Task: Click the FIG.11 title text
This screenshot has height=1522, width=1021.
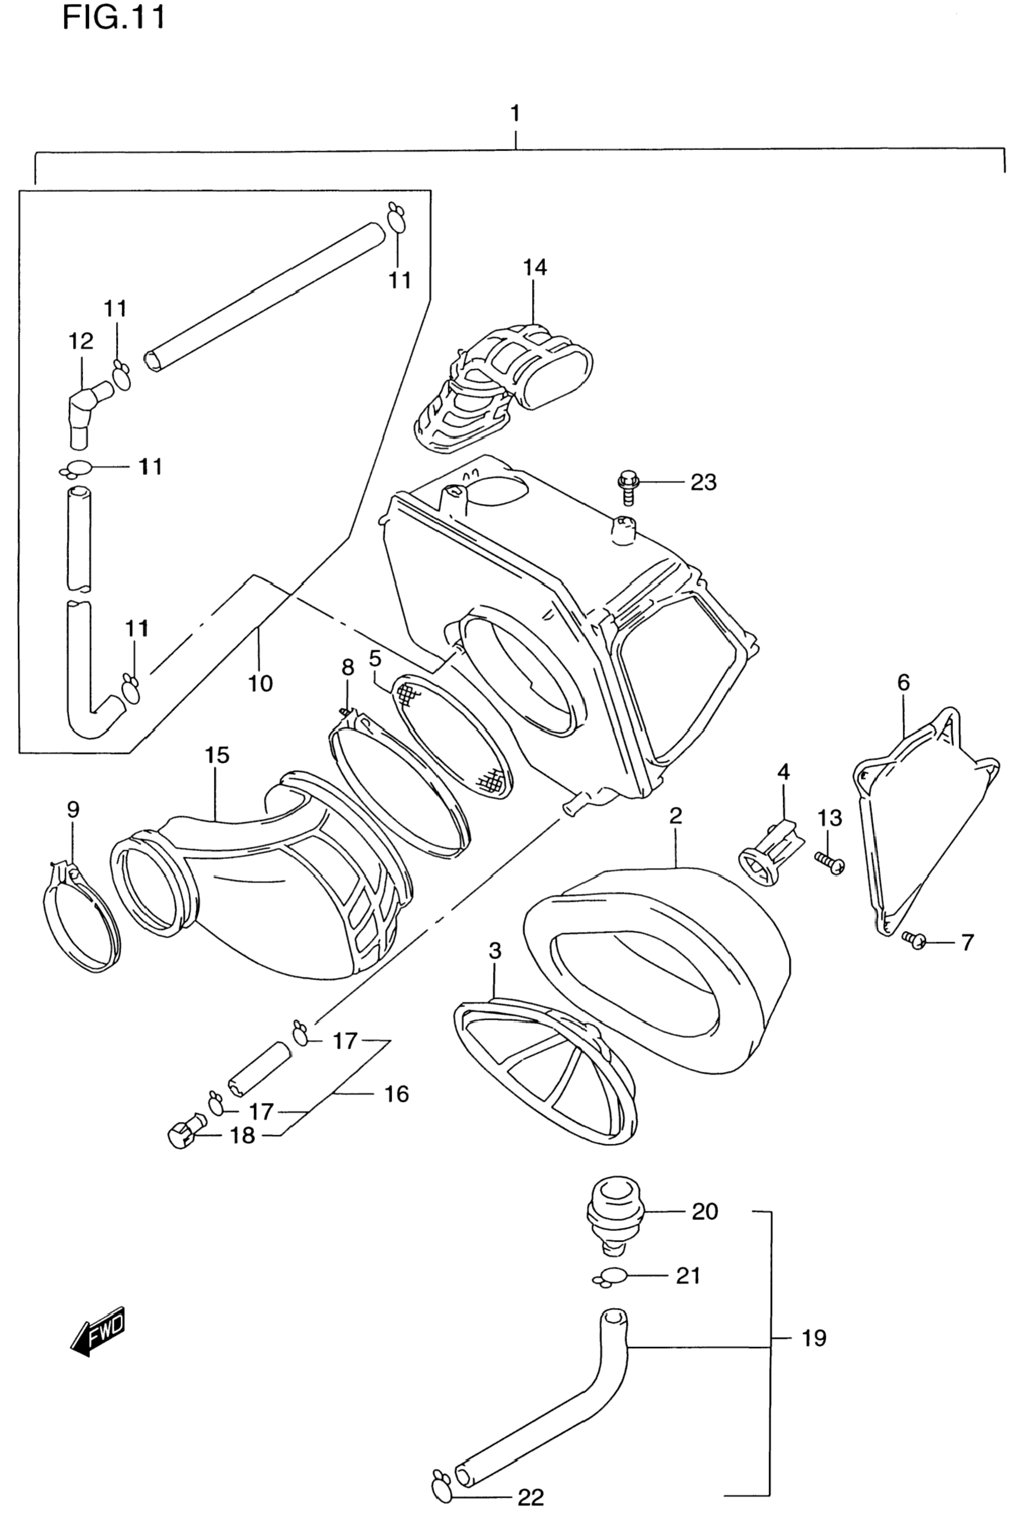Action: click(114, 18)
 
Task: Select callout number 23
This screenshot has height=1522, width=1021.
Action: click(703, 482)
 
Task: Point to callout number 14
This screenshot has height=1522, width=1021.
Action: click(535, 268)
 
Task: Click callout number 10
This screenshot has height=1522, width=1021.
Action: click(260, 683)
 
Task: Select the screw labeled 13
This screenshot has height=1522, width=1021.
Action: click(830, 863)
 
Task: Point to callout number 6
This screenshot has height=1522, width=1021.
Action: click(903, 682)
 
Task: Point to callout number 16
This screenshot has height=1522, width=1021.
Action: click(397, 1093)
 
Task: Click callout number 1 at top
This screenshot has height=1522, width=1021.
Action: click(515, 114)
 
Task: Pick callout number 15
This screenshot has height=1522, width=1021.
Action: click(217, 755)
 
